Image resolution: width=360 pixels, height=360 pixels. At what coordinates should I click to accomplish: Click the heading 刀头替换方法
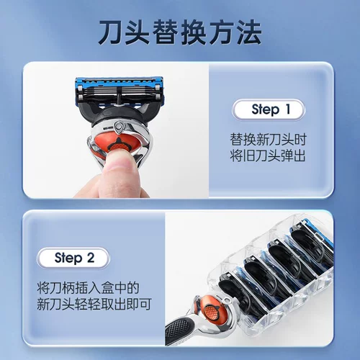(179, 32)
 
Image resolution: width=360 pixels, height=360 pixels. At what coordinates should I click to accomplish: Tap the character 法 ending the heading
(246, 32)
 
